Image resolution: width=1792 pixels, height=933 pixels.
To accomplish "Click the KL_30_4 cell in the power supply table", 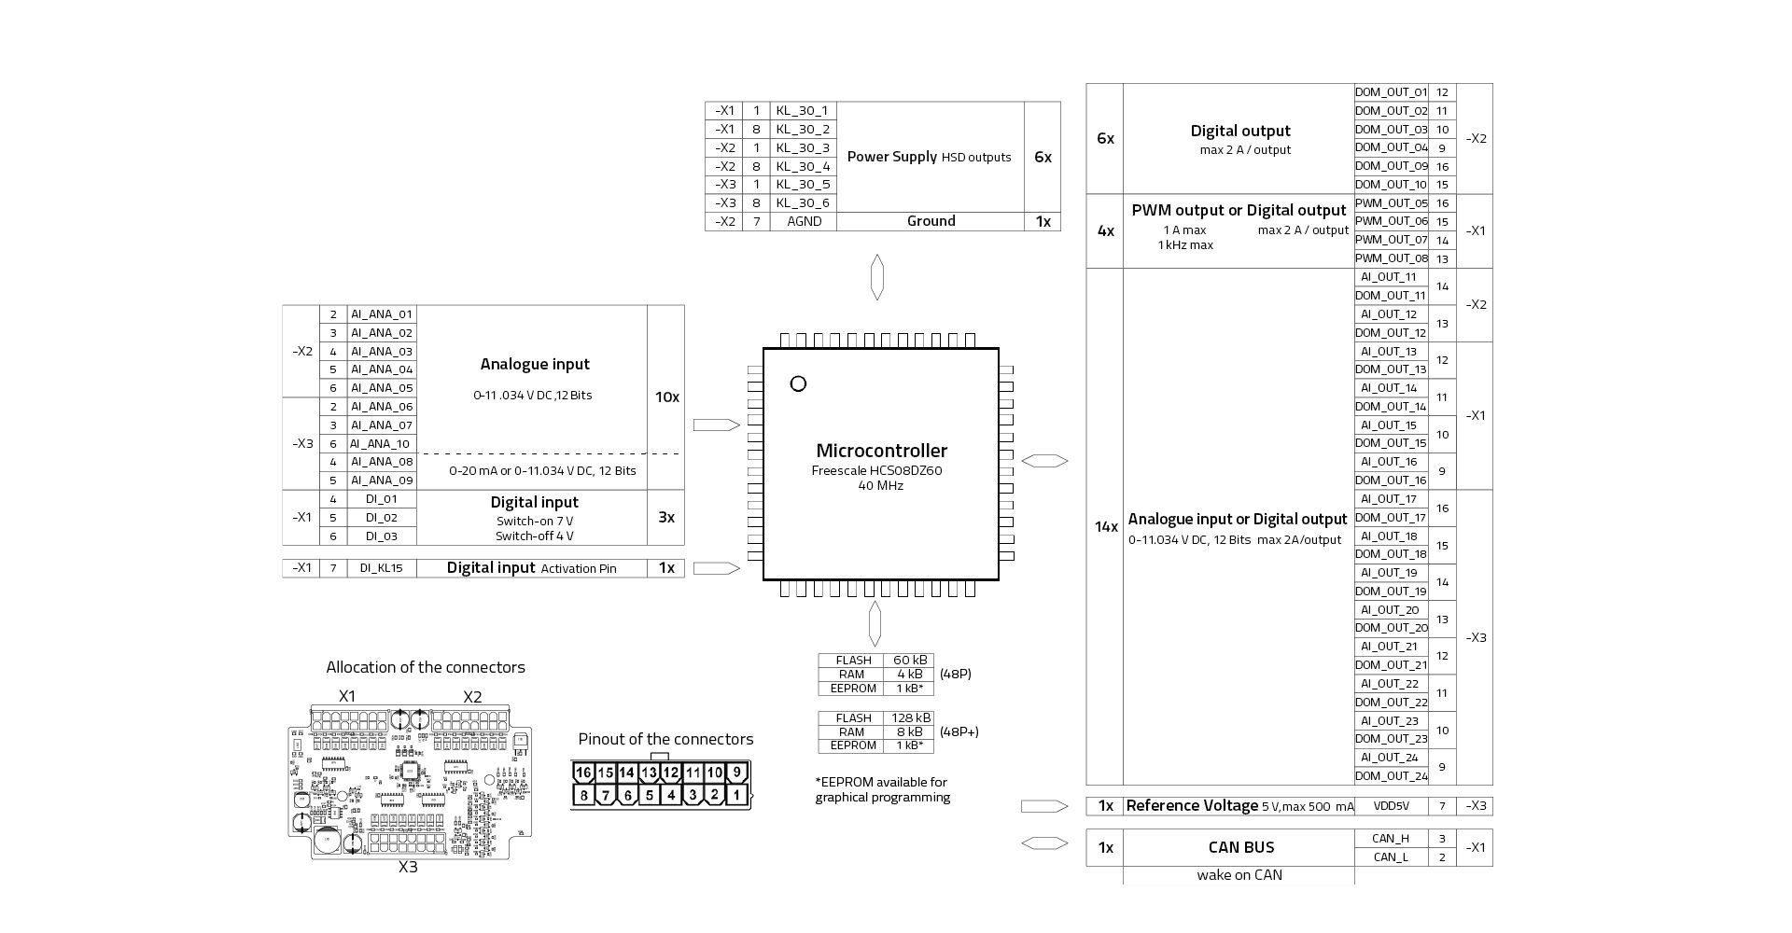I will tap(803, 166).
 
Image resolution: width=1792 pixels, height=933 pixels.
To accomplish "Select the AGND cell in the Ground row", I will tap(803, 221).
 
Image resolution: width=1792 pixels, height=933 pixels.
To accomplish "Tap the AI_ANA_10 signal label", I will tap(381, 444).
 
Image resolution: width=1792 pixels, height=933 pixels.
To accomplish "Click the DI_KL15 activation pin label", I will tap(381, 568).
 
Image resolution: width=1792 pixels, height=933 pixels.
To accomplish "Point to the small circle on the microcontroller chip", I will tap(798, 383).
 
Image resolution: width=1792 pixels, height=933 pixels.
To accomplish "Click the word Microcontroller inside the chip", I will tap(881, 451).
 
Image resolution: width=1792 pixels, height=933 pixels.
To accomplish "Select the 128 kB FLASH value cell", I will tap(908, 717).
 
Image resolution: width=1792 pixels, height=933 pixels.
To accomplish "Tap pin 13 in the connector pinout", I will tap(649, 773).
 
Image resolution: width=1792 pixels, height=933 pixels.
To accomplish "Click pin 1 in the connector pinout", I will tap(736, 795).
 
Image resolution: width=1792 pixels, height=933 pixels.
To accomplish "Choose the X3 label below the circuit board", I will tap(408, 867).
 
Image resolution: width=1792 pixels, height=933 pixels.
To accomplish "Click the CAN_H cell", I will tap(1391, 839).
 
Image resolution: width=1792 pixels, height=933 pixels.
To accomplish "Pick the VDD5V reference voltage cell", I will tap(1391, 806).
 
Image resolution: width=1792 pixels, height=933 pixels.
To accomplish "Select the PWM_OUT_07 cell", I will tap(1391, 240).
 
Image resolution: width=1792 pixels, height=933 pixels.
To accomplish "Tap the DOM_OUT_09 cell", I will tap(1391, 166).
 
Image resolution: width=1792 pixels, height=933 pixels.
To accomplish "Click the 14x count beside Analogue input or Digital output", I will tap(1106, 527).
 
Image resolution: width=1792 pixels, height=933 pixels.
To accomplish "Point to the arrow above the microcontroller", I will tap(876, 277).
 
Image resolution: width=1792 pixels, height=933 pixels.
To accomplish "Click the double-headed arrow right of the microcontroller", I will tap(1044, 461).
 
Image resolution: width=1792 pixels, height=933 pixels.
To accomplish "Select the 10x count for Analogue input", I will tap(666, 397).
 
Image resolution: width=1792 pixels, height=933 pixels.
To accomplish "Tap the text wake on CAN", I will tap(1239, 875).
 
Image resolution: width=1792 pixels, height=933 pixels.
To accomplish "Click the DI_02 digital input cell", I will tap(381, 518).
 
